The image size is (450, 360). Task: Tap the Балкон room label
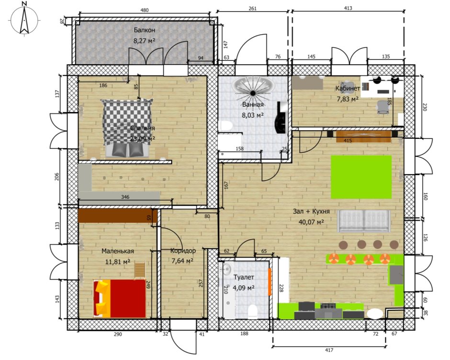click(145, 30)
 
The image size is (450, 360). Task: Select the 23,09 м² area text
click(142, 139)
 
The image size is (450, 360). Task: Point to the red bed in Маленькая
click(119, 298)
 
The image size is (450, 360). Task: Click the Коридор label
click(183, 251)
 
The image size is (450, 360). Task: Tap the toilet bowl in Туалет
click(253, 312)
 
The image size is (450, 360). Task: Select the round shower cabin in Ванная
click(253, 85)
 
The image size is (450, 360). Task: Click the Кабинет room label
click(348, 88)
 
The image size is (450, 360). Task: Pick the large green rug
click(361, 177)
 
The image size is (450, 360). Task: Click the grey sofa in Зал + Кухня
click(364, 221)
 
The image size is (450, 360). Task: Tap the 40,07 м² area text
click(311, 222)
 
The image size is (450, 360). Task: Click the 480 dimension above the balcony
click(145, 11)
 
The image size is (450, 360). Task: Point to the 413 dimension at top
click(348, 8)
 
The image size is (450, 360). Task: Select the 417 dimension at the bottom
click(329, 350)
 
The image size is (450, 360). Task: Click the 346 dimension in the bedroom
click(125, 197)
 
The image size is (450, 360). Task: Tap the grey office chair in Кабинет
click(382, 107)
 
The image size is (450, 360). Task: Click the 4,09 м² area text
click(244, 288)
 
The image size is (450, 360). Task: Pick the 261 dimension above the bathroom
click(252, 8)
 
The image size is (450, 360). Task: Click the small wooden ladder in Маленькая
click(140, 270)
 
